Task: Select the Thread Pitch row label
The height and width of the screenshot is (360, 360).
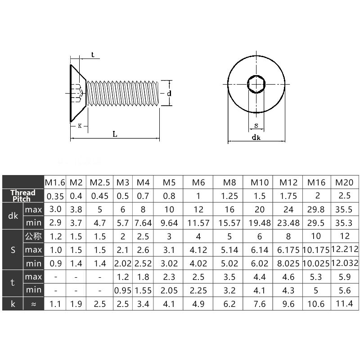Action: (x=22, y=196)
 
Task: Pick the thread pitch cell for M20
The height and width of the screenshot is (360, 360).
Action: (x=345, y=196)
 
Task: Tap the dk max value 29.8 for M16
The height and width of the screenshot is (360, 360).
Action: (x=317, y=210)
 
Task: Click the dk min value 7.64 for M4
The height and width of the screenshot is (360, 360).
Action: (x=143, y=223)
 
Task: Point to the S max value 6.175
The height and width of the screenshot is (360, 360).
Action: (x=288, y=250)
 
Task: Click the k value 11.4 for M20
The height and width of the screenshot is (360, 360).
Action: (x=345, y=304)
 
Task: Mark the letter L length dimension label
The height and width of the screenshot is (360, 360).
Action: (x=115, y=134)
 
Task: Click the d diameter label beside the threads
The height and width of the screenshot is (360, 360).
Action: (x=169, y=94)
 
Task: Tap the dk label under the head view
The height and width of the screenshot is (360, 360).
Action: (x=256, y=137)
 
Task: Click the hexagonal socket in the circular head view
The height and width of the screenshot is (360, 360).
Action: (x=256, y=84)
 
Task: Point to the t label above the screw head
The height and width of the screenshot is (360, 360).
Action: (x=93, y=55)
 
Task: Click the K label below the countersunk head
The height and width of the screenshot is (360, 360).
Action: (x=80, y=126)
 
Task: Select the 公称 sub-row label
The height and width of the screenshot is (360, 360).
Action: (x=33, y=236)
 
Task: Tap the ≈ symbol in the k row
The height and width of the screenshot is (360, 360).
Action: (x=33, y=304)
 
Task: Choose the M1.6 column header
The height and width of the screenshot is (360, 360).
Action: (x=55, y=182)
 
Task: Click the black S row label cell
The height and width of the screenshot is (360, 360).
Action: (x=13, y=250)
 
